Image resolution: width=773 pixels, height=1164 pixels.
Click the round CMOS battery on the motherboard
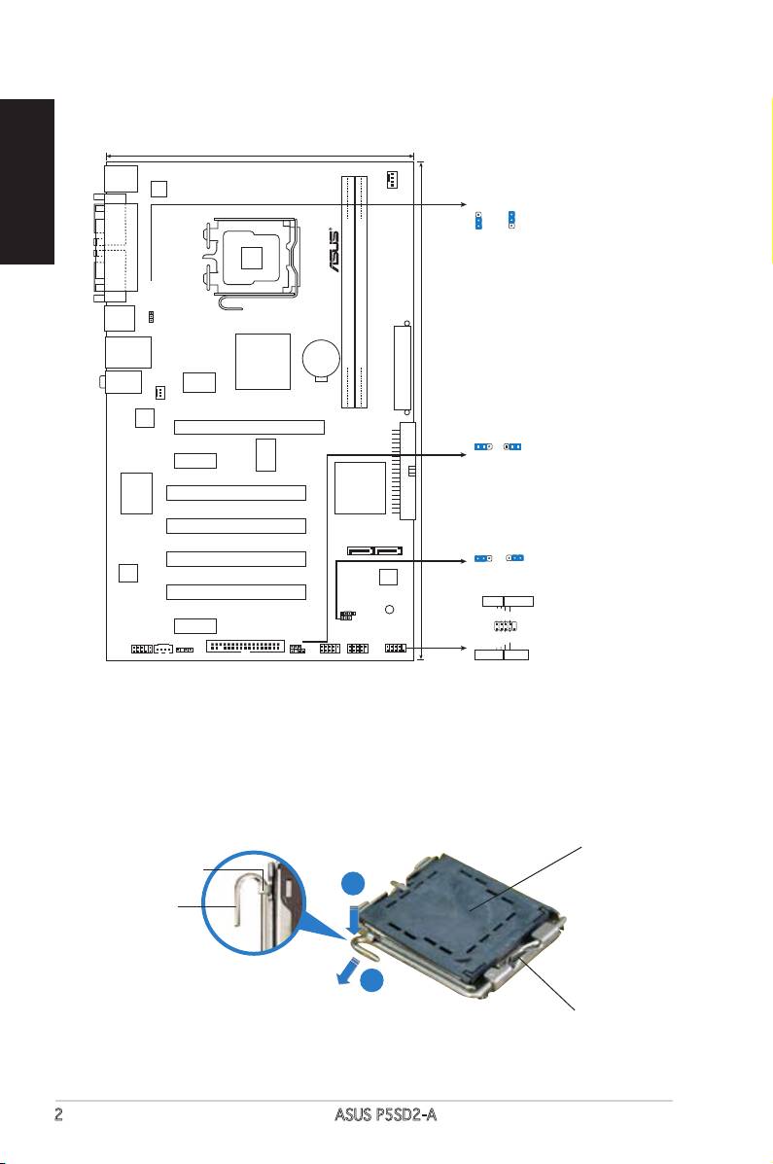point(320,359)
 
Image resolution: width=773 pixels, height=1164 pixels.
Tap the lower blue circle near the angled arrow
point(370,984)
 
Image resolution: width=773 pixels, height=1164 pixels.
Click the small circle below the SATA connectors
point(389,611)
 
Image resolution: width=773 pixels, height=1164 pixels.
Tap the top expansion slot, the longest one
point(249,427)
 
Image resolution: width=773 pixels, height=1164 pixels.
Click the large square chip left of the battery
point(263,362)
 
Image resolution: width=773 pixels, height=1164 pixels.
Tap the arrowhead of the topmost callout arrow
point(461,205)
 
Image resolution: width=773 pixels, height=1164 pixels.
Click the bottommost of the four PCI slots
point(236,591)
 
